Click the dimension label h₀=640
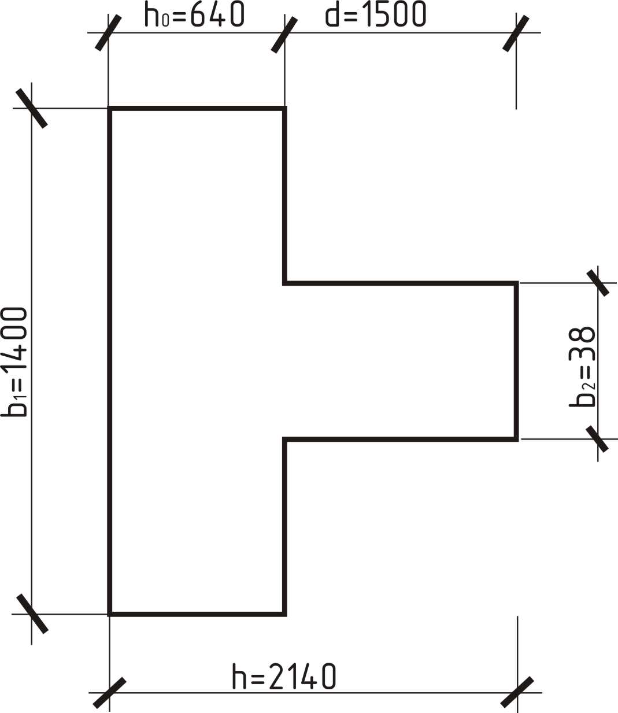(195, 14)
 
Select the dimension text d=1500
(376, 14)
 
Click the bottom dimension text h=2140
(284, 676)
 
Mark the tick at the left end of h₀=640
(109, 32)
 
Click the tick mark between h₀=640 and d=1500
(284, 34)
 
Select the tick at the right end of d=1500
(516, 33)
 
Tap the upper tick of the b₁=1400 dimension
(31, 108)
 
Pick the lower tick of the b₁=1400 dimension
(32, 614)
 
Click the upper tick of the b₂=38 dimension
(598, 283)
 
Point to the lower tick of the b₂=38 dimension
(598, 439)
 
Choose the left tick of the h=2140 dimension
(109, 692)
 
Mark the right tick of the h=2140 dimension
(517, 692)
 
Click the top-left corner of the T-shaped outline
(110, 108)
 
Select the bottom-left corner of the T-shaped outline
(110, 614)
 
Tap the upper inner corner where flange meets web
(284, 283)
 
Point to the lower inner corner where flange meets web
(284, 439)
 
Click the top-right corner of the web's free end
(516, 283)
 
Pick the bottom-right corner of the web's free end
(516, 439)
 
